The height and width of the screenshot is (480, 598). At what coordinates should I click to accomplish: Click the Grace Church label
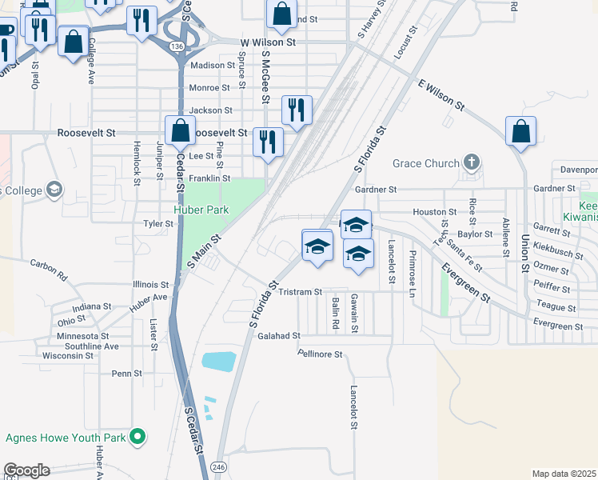(x=426, y=163)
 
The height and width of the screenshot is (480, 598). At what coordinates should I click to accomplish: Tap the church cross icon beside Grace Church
(x=472, y=162)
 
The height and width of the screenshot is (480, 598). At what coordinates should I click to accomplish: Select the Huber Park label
(x=202, y=210)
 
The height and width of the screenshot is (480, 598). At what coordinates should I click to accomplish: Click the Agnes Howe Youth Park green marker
(x=138, y=437)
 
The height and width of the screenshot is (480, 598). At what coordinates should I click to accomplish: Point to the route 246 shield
(x=218, y=466)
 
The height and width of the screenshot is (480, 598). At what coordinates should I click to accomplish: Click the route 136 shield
(x=177, y=46)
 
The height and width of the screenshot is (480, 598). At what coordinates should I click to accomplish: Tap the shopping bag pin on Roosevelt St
(x=181, y=130)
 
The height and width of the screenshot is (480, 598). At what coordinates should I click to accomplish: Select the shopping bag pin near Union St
(x=520, y=131)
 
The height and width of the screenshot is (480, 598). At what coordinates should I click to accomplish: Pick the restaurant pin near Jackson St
(x=297, y=110)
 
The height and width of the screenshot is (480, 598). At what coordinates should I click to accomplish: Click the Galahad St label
(x=278, y=336)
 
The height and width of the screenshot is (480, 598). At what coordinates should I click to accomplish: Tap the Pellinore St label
(x=320, y=354)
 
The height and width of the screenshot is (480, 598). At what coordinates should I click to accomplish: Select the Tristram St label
(x=300, y=292)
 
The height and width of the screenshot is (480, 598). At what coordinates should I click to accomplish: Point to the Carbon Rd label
(x=49, y=267)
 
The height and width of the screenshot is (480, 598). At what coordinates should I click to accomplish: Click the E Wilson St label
(x=441, y=94)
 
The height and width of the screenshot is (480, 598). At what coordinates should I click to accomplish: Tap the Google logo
(x=26, y=470)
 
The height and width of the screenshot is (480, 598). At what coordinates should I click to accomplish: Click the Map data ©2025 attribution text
(x=564, y=474)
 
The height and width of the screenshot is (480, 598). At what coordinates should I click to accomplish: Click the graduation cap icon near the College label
(x=54, y=190)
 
